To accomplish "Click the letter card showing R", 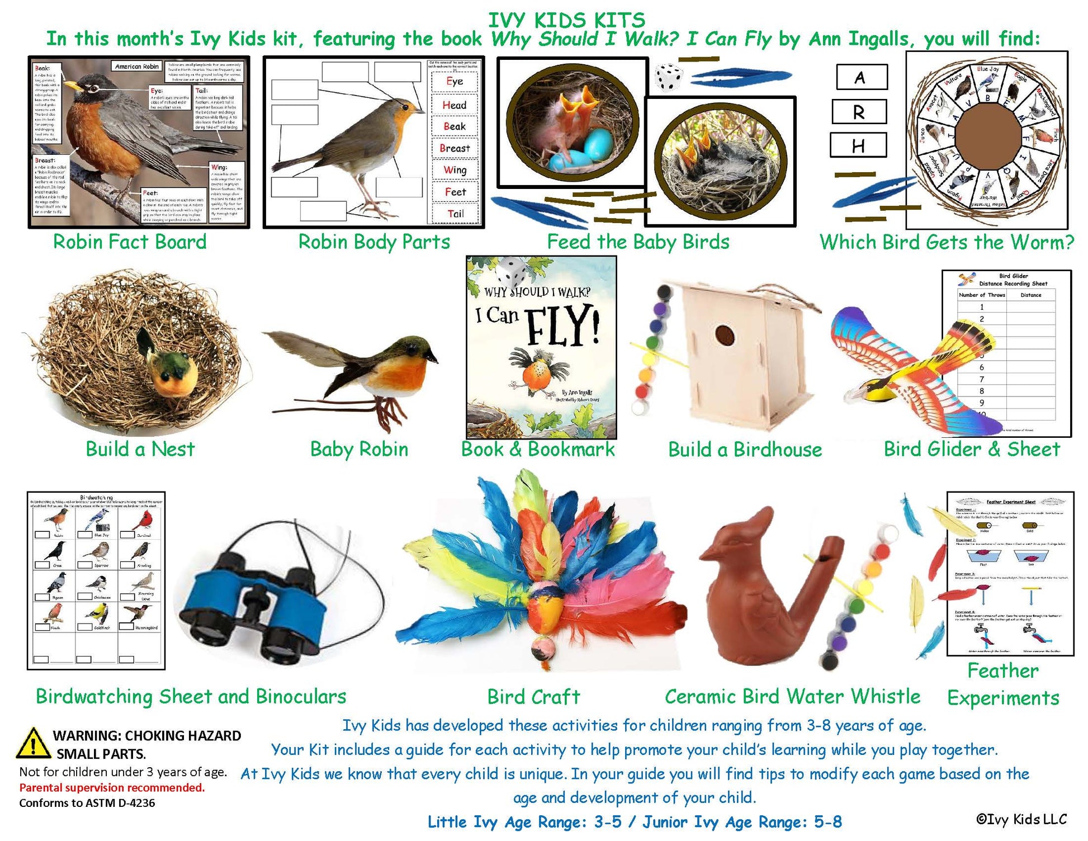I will click(859, 112).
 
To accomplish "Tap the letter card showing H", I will click(858, 145).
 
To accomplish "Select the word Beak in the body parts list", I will click(455, 126).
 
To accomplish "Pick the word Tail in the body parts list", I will click(455, 214).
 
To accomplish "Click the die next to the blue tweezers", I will click(668, 77).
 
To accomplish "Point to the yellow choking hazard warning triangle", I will click(33, 744).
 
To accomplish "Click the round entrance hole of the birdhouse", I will click(725, 335).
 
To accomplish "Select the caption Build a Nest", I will click(140, 449).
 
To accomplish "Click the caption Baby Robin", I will click(359, 450).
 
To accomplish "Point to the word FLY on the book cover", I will click(562, 325).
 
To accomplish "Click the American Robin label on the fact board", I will click(137, 67).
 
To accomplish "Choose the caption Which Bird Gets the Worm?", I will click(947, 242).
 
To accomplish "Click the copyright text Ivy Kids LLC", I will click(1021, 819).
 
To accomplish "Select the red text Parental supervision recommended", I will click(112, 787).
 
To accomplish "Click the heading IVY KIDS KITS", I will click(566, 20).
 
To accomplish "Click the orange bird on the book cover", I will click(534, 369).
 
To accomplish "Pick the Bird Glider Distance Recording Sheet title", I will click(1013, 280).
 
